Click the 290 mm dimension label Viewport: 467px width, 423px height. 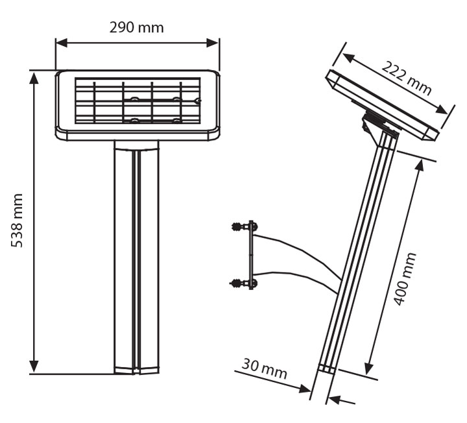[136, 27]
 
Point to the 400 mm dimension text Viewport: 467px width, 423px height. [405, 280]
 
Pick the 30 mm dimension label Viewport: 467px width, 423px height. [264, 369]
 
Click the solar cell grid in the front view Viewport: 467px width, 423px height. [137, 101]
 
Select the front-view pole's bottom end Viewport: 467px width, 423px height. [136, 370]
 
